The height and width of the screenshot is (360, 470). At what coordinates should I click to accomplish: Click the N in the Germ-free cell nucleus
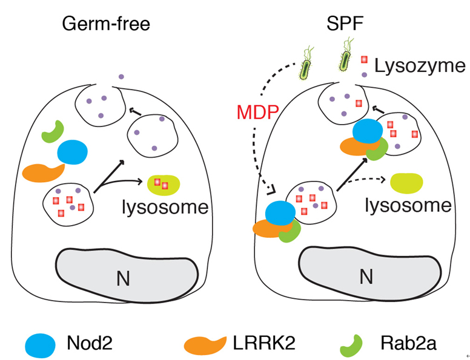(x=124, y=277)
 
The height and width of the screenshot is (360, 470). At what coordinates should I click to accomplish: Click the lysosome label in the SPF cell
(x=409, y=205)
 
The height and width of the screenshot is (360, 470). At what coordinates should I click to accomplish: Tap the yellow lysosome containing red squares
(x=163, y=185)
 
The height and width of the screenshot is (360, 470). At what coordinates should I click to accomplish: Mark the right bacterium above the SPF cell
(x=346, y=57)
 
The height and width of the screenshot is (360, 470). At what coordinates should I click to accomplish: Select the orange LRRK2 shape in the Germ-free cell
(x=44, y=172)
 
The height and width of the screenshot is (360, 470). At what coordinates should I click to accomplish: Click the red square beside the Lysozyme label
(x=365, y=61)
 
